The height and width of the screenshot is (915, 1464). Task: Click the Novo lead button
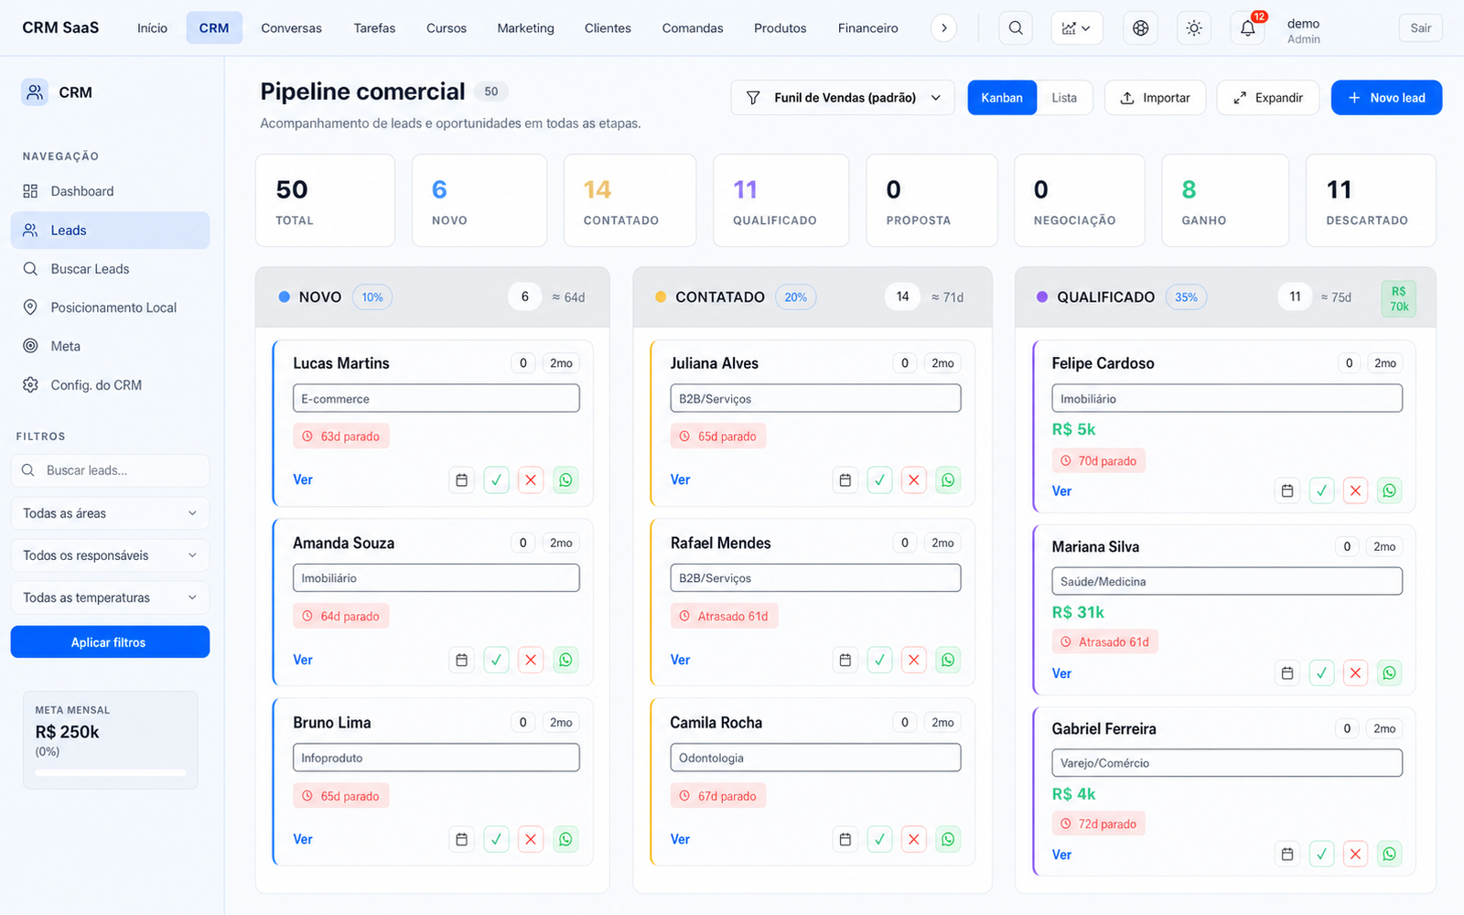point(1386,97)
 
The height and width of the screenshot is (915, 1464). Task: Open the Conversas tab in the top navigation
point(291,28)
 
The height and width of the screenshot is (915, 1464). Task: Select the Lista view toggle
point(1064,97)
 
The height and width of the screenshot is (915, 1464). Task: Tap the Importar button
point(1155,97)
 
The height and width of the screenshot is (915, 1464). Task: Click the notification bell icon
point(1248,28)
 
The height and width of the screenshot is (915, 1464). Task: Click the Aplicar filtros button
point(110,641)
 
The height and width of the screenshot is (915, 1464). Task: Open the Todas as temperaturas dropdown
point(110,597)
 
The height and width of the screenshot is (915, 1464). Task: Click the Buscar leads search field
point(110,470)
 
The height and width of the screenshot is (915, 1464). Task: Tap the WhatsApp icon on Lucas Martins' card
point(565,479)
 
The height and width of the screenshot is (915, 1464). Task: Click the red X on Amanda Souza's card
point(531,660)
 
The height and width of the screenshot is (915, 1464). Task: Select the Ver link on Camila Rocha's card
point(680,839)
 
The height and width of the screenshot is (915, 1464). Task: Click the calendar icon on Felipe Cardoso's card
point(1286,490)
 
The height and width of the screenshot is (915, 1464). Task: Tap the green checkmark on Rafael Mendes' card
point(879,660)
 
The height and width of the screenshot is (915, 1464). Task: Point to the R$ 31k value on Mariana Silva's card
point(1078,612)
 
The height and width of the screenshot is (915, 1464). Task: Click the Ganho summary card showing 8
point(1225,200)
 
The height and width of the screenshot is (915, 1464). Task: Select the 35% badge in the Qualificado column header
point(1186,296)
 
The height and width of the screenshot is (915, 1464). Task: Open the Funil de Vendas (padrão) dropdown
point(843,97)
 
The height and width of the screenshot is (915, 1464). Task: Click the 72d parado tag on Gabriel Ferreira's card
point(1099,823)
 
